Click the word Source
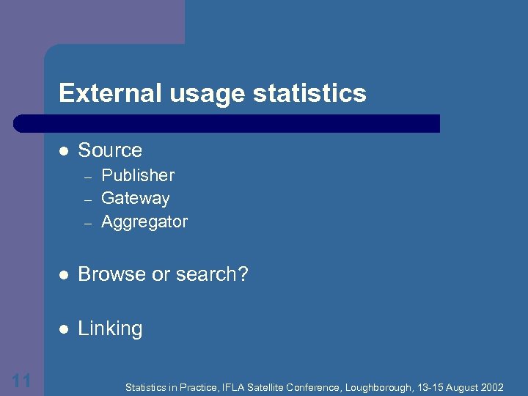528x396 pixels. [110, 150]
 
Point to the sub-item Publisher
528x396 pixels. [138, 176]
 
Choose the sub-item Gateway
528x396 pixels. [136, 199]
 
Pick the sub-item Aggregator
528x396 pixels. [144, 222]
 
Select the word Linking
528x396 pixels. [110, 329]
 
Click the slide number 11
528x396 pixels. [21, 380]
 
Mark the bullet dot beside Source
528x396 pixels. [64, 151]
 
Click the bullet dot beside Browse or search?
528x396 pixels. [64, 275]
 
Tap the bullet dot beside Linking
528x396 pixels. [64, 329]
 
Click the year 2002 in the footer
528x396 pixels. [491, 386]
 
